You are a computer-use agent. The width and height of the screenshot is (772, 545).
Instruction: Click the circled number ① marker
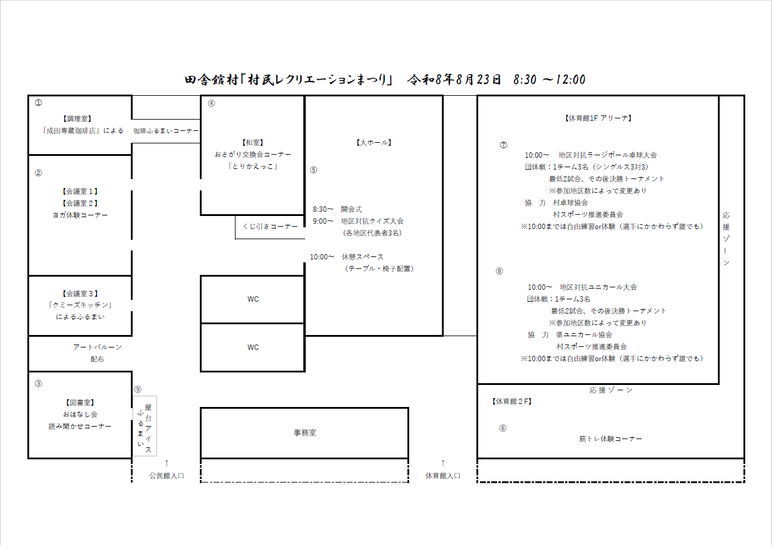(x=38, y=103)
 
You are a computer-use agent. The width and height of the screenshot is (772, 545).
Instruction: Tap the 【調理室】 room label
(x=77, y=119)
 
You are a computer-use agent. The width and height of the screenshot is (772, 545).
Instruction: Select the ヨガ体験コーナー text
(x=80, y=215)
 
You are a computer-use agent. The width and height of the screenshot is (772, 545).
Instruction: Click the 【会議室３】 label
(x=80, y=294)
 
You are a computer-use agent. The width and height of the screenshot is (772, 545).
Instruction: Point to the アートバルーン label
(x=97, y=347)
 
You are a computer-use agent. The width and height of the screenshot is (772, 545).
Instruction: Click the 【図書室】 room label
(x=80, y=403)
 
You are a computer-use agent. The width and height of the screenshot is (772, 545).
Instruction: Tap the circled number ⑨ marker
(x=138, y=390)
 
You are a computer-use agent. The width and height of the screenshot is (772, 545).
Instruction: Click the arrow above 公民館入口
(x=167, y=463)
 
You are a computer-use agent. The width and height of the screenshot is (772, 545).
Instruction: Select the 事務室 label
(x=305, y=433)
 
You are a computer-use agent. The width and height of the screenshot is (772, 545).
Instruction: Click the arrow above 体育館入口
(x=443, y=463)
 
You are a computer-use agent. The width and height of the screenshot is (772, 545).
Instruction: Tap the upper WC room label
(x=253, y=299)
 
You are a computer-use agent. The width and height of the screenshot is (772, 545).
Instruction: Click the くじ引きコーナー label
(x=270, y=227)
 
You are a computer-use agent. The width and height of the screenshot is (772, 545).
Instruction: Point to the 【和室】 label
(x=253, y=143)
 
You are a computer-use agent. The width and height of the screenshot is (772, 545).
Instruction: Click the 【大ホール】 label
(x=374, y=143)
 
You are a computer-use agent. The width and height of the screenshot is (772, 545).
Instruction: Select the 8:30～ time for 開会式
(x=323, y=209)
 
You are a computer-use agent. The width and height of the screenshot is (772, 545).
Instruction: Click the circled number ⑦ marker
(x=504, y=145)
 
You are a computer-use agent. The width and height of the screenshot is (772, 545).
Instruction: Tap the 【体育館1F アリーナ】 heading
(x=598, y=118)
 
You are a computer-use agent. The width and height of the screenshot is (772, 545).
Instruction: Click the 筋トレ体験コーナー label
(x=610, y=439)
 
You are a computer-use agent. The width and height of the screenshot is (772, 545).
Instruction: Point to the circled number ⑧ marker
(x=500, y=271)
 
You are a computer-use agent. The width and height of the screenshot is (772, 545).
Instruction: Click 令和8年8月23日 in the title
(x=454, y=80)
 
